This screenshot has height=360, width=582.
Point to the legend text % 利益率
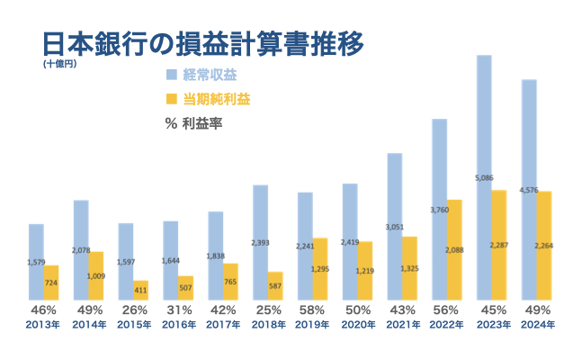(194, 123)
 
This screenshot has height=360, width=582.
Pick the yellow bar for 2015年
(140, 290)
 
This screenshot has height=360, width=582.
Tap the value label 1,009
(95, 275)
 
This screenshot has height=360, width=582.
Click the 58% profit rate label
(312, 311)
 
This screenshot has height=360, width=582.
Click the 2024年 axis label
(536, 325)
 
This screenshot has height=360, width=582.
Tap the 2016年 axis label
(178, 325)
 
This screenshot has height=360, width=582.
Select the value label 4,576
(528, 190)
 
